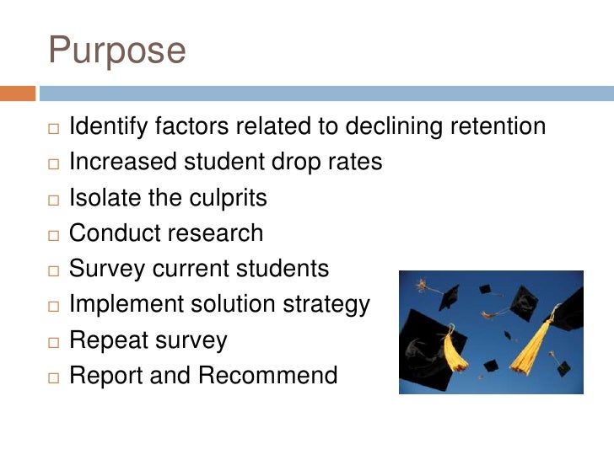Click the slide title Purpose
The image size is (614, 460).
point(117,51)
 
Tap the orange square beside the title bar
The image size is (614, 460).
point(18,94)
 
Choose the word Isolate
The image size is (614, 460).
point(103,198)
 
